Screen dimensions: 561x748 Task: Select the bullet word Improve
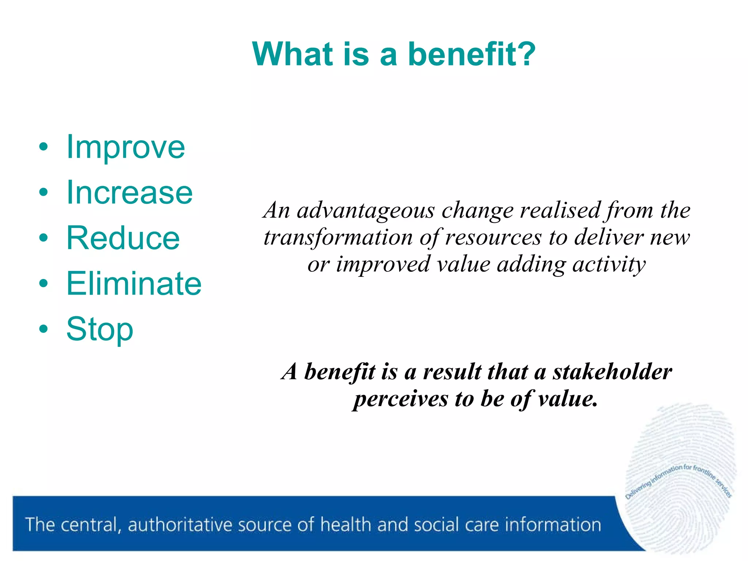(x=126, y=147)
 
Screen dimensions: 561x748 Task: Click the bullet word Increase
(x=129, y=192)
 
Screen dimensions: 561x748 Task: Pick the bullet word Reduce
(x=123, y=238)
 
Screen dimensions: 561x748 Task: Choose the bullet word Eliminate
(x=134, y=284)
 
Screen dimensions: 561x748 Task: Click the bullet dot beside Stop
(x=43, y=329)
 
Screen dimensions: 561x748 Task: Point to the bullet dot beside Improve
(x=43, y=147)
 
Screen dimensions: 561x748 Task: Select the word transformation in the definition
(x=338, y=238)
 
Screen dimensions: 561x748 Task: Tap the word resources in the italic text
(x=493, y=238)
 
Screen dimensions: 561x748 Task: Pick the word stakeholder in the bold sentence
(x=612, y=372)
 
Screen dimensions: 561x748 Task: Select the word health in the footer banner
(x=346, y=525)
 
